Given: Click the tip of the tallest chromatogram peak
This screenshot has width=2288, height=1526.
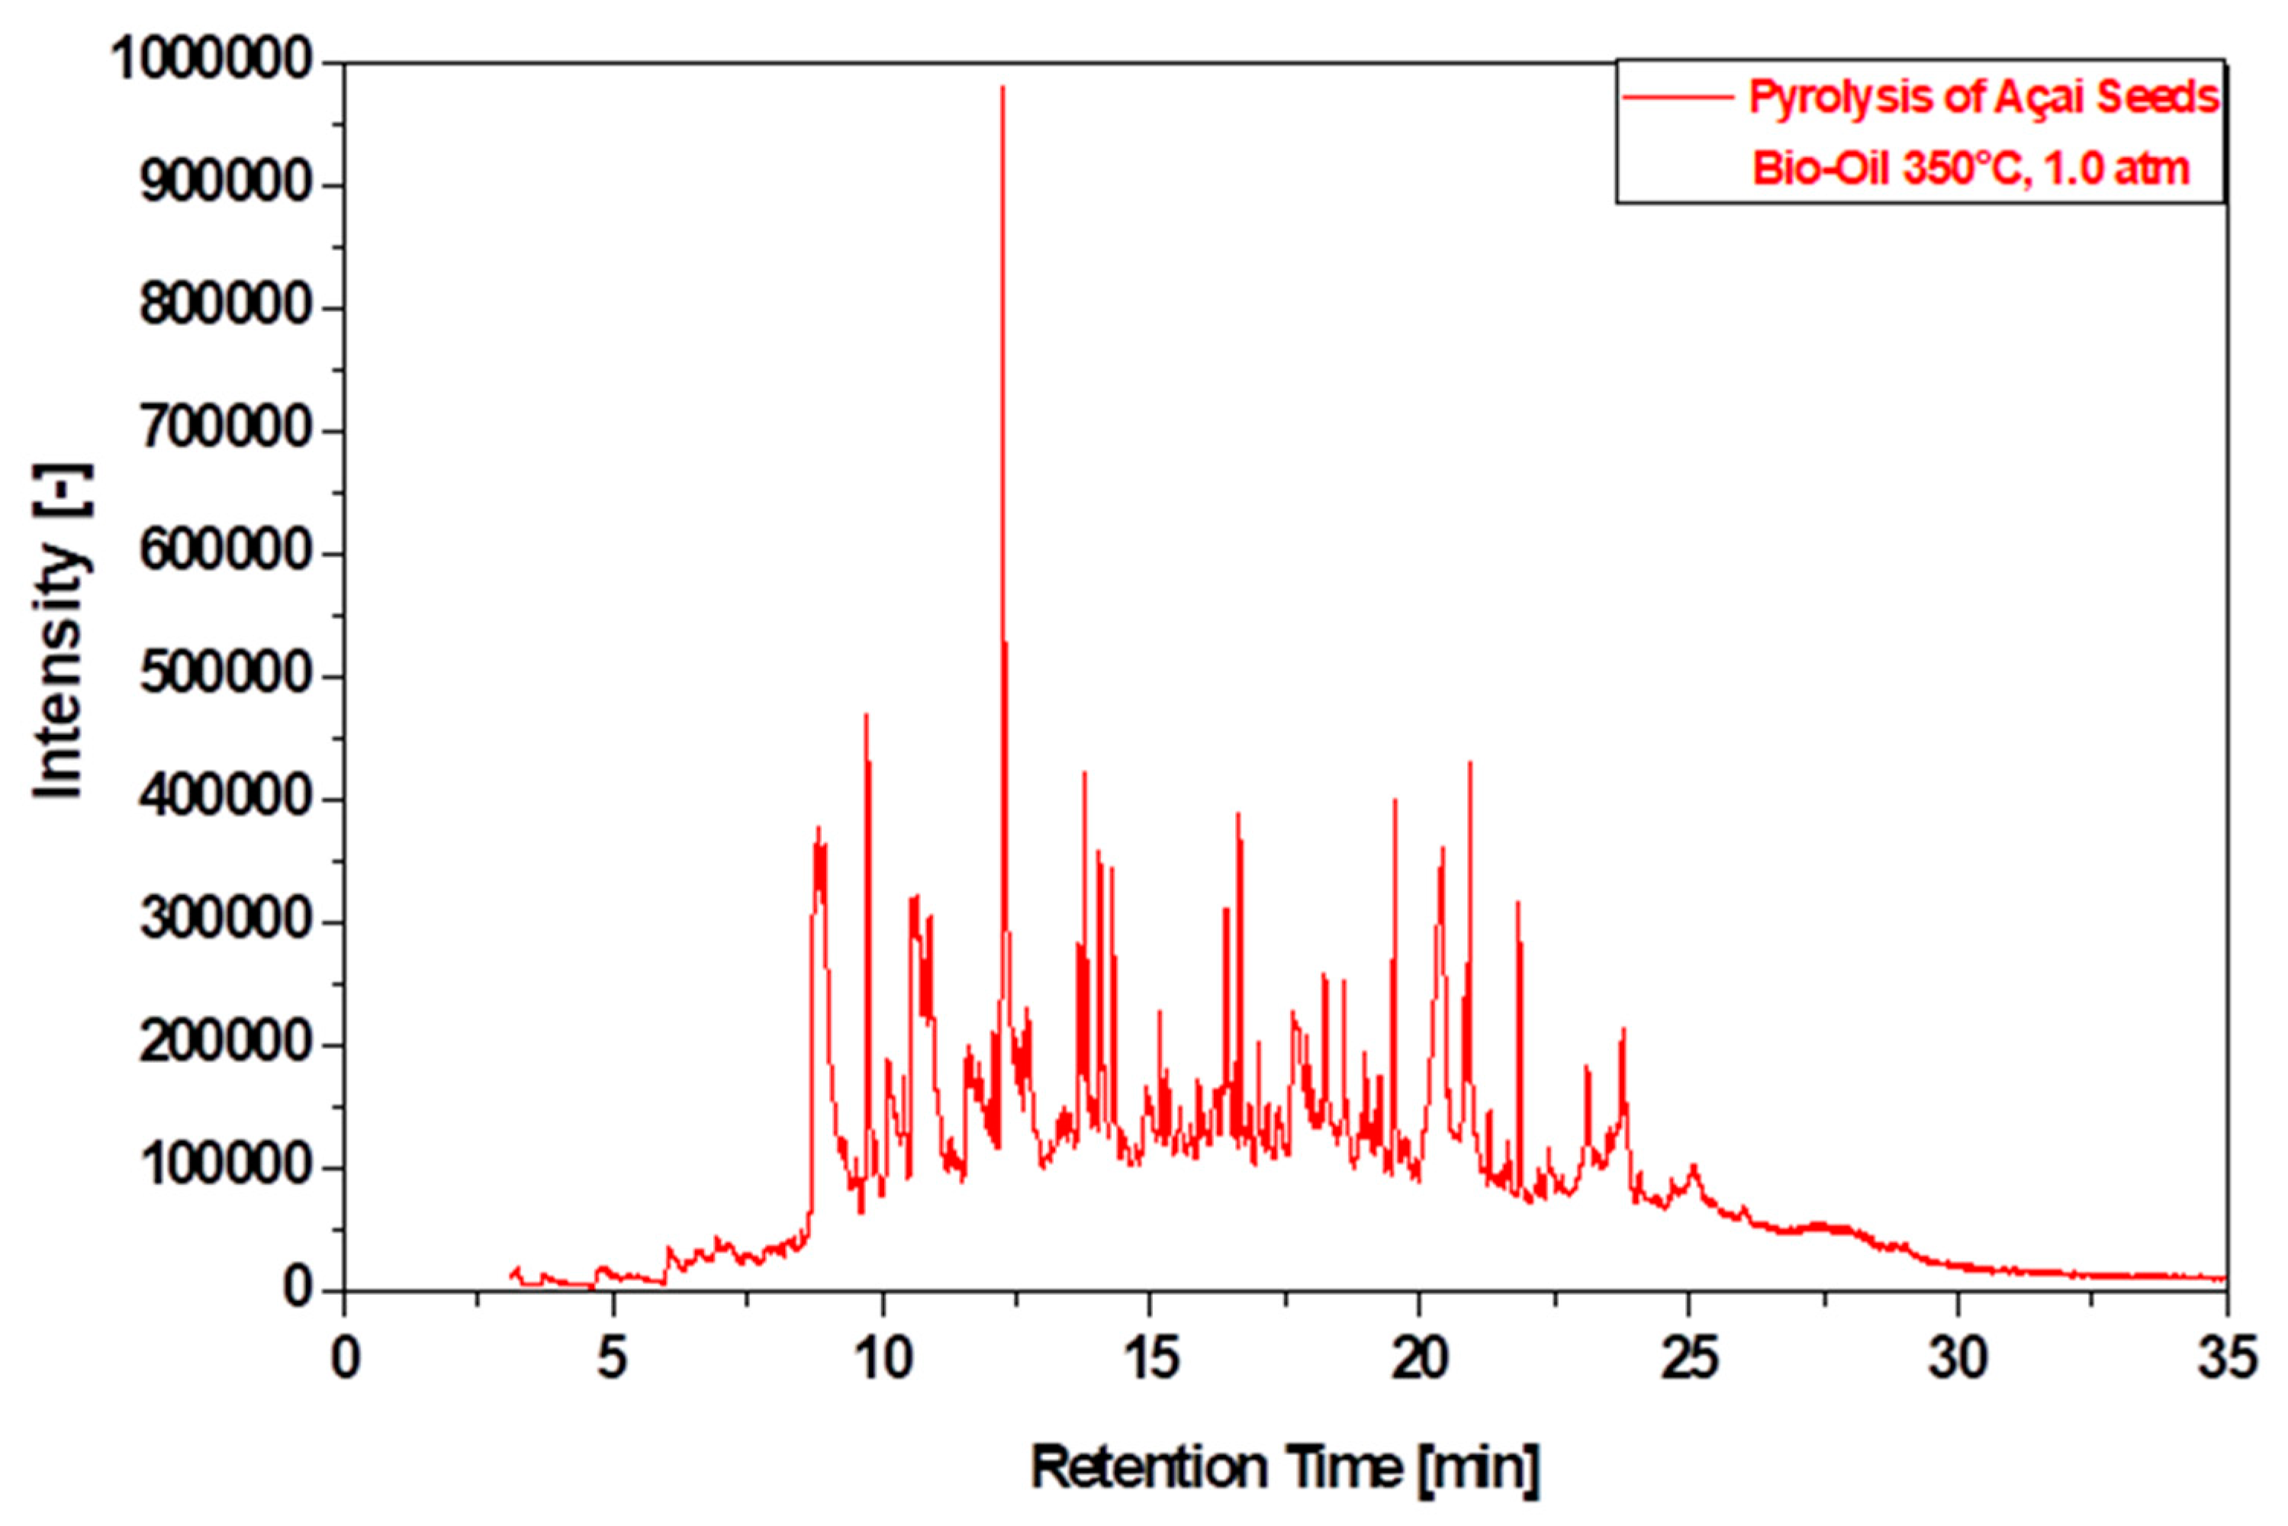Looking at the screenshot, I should click(x=1002, y=89).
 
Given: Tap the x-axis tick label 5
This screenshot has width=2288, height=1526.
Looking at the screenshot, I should click(x=612, y=1359).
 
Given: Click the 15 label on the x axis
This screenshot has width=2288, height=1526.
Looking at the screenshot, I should click(x=1150, y=1359).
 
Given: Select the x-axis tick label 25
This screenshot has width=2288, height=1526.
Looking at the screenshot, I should click(x=1688, y=1359).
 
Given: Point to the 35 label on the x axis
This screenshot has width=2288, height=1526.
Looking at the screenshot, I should click(x=2225, y=1359).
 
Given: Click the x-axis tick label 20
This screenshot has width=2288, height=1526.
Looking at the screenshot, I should click(x=1419, y=1359).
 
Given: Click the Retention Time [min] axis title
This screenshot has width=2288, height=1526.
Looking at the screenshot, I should click(x=1285, y=1467).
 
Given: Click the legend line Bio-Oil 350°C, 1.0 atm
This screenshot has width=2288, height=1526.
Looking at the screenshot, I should click(x=1970, y=169).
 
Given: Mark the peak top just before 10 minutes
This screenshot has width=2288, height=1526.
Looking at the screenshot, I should click(x=865, y=716).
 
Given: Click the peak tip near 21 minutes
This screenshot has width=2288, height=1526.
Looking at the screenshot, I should click(x=1469, y=763).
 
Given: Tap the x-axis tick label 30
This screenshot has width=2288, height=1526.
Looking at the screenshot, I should click(x=1957, y=1359).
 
